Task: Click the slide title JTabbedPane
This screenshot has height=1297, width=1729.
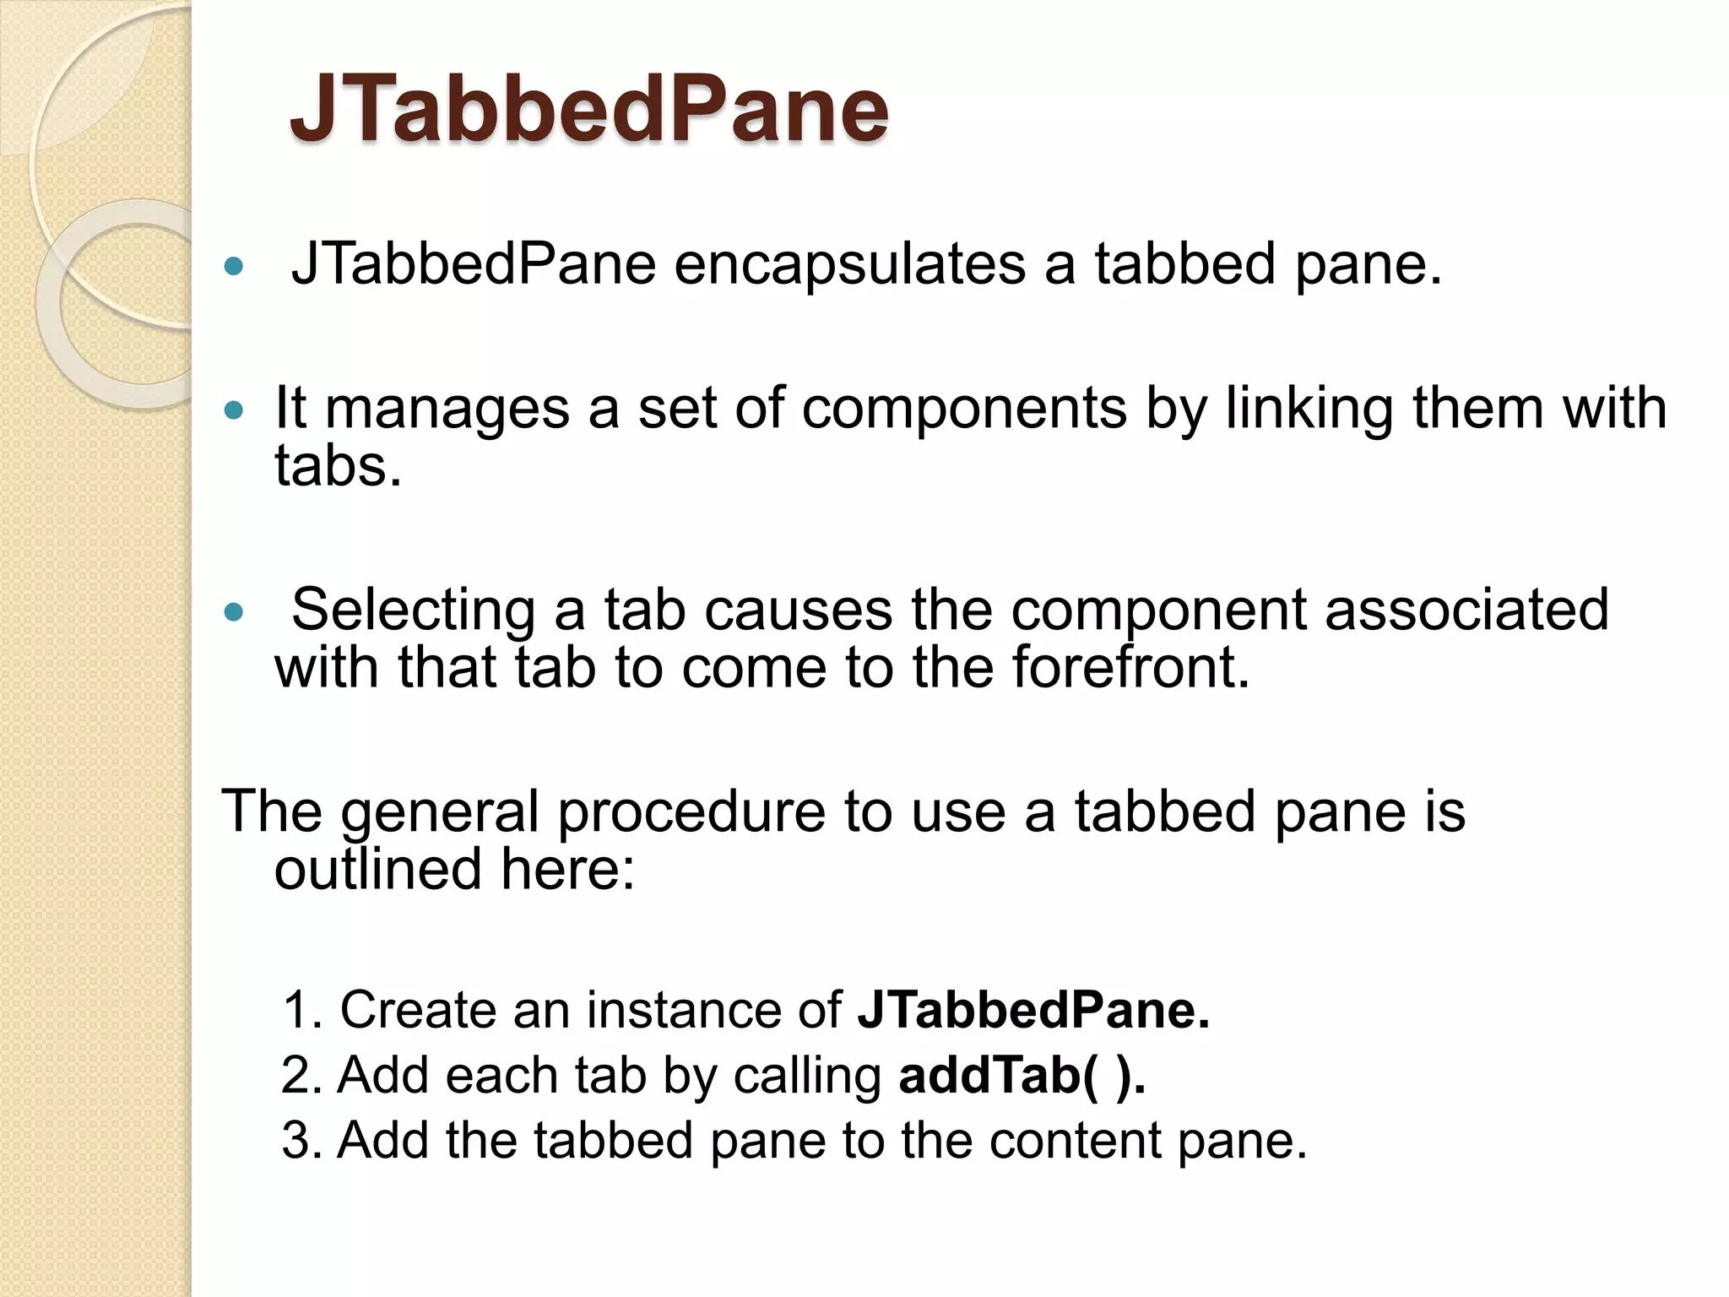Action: pos(588,110)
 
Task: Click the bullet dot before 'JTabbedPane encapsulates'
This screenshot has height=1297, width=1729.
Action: pos(234,268)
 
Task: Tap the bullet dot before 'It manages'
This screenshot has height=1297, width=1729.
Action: pos(234,411)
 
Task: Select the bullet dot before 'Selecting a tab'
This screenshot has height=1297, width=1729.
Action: pos(234,612)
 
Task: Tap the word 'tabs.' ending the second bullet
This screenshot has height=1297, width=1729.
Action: pos(338,466)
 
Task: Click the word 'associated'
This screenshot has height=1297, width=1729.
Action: pos(1466,609)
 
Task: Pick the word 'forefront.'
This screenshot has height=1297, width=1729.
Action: pos(1130,667)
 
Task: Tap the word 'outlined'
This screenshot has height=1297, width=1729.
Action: pos(377,870)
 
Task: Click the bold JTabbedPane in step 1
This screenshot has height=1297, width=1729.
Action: pos(1033,1010)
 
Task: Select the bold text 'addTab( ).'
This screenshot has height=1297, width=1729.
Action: pos(1022,1076)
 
